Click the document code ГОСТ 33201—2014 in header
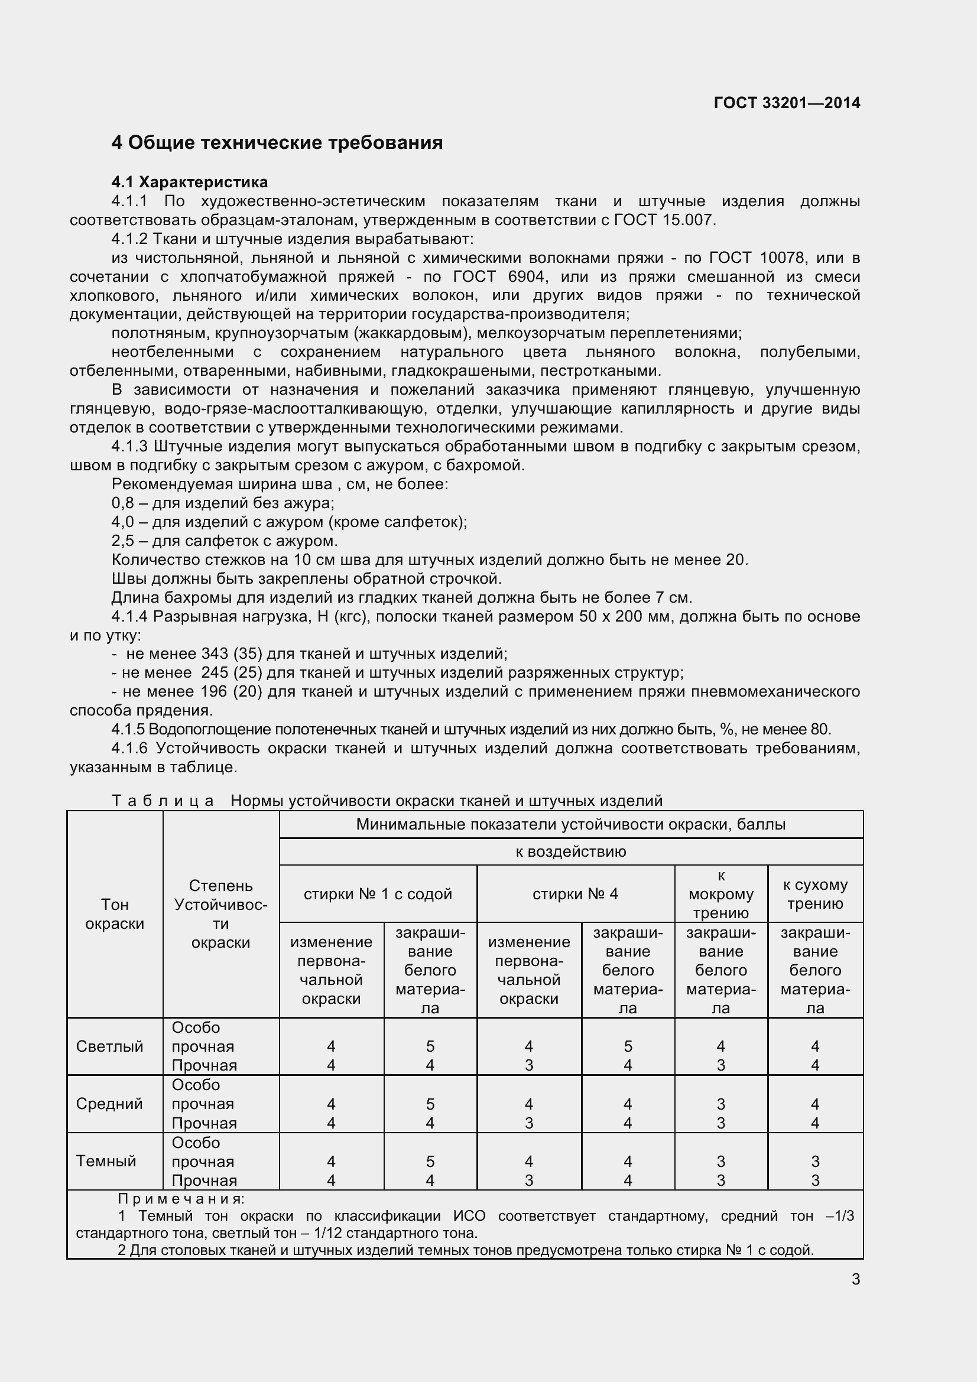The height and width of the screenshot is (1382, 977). pyautogui.click(x=786, y=103)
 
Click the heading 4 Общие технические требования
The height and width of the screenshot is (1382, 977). pyautogui.click(x=277, y=142)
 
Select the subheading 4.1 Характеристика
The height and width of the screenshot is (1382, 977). pyautogui.click(x=190, y=182)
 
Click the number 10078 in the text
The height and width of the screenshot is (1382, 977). pyautogui.click(x=781, y=258)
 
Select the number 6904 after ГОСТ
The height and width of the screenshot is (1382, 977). pyautogui.click(x=526, y=277)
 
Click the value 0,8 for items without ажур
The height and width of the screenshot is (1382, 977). pyautogui.click(x=123, y=503)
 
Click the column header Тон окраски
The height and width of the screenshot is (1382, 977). pyautogui.click(x=115, y=913)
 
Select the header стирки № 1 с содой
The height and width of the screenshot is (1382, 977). pyautogui.click(x=378, y=894)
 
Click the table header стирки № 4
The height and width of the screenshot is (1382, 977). pyautogui.click(x=575, y=894)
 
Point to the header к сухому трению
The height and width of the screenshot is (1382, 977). pyautogui.click(x=814, y=894)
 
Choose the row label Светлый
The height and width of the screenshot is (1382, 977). pyautogui.click(x=109, y=1046)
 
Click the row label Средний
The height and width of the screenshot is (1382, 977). pyautogui.click(x=109, y=1103)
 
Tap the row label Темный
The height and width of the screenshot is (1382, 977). pyautogui.click(x=106, y=1160)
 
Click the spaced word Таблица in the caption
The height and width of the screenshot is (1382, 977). pyautogui.click(x=163, y=801)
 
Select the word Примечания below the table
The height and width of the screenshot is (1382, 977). pyautogui.click(x=181, y=1198)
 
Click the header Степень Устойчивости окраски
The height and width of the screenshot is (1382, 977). pyautogui.click(x=220, y=913)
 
